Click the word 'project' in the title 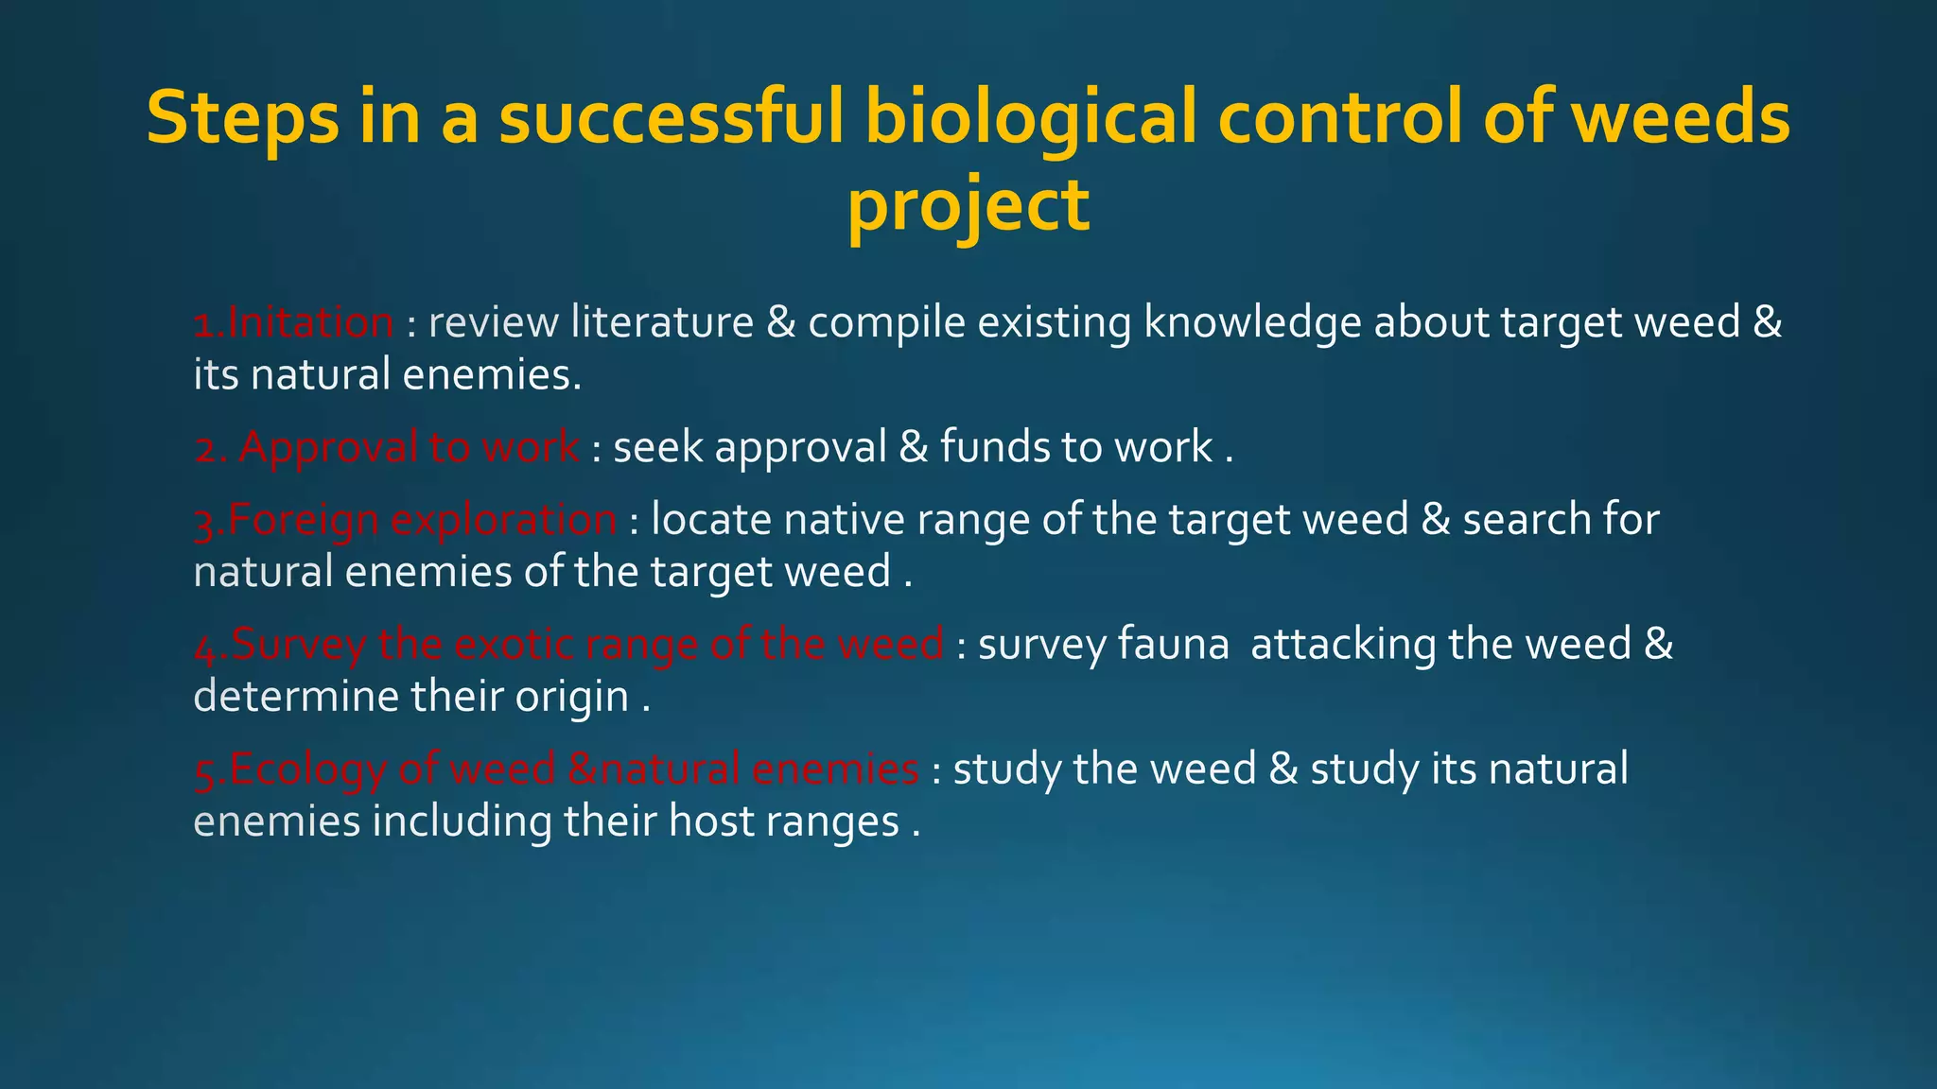968,207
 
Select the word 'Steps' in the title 242,117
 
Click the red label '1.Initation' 293,323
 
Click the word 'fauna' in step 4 1173,645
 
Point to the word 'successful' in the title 670,117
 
